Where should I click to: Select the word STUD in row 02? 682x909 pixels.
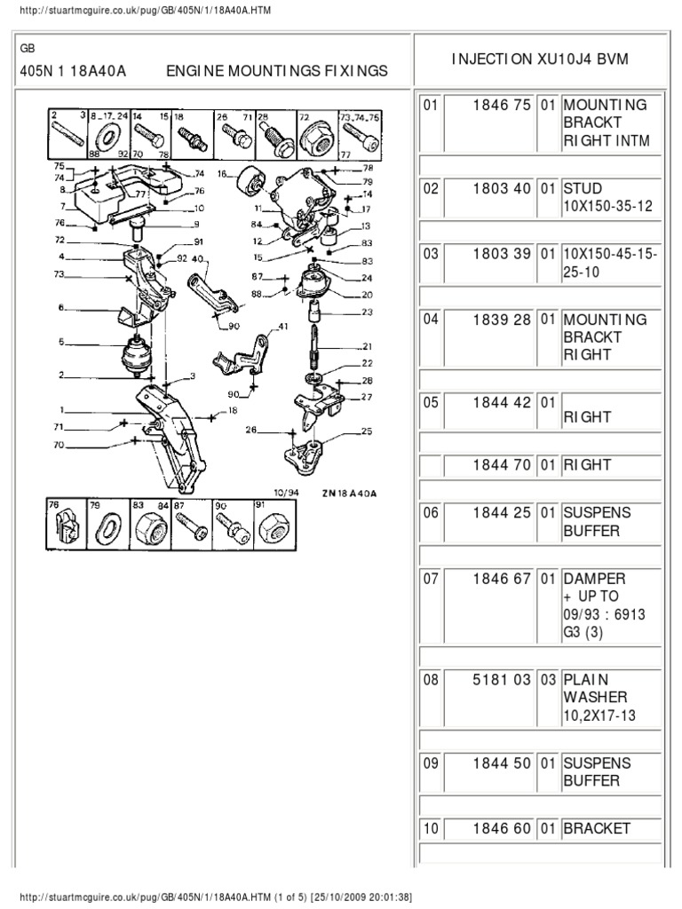coord(581,189)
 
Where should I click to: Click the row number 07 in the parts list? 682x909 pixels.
coord(431,580)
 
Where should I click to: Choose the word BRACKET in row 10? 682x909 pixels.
coord(597,828)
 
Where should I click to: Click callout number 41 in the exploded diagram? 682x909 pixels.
coord(283,328)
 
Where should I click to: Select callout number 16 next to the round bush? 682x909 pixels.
coord(222,174)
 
